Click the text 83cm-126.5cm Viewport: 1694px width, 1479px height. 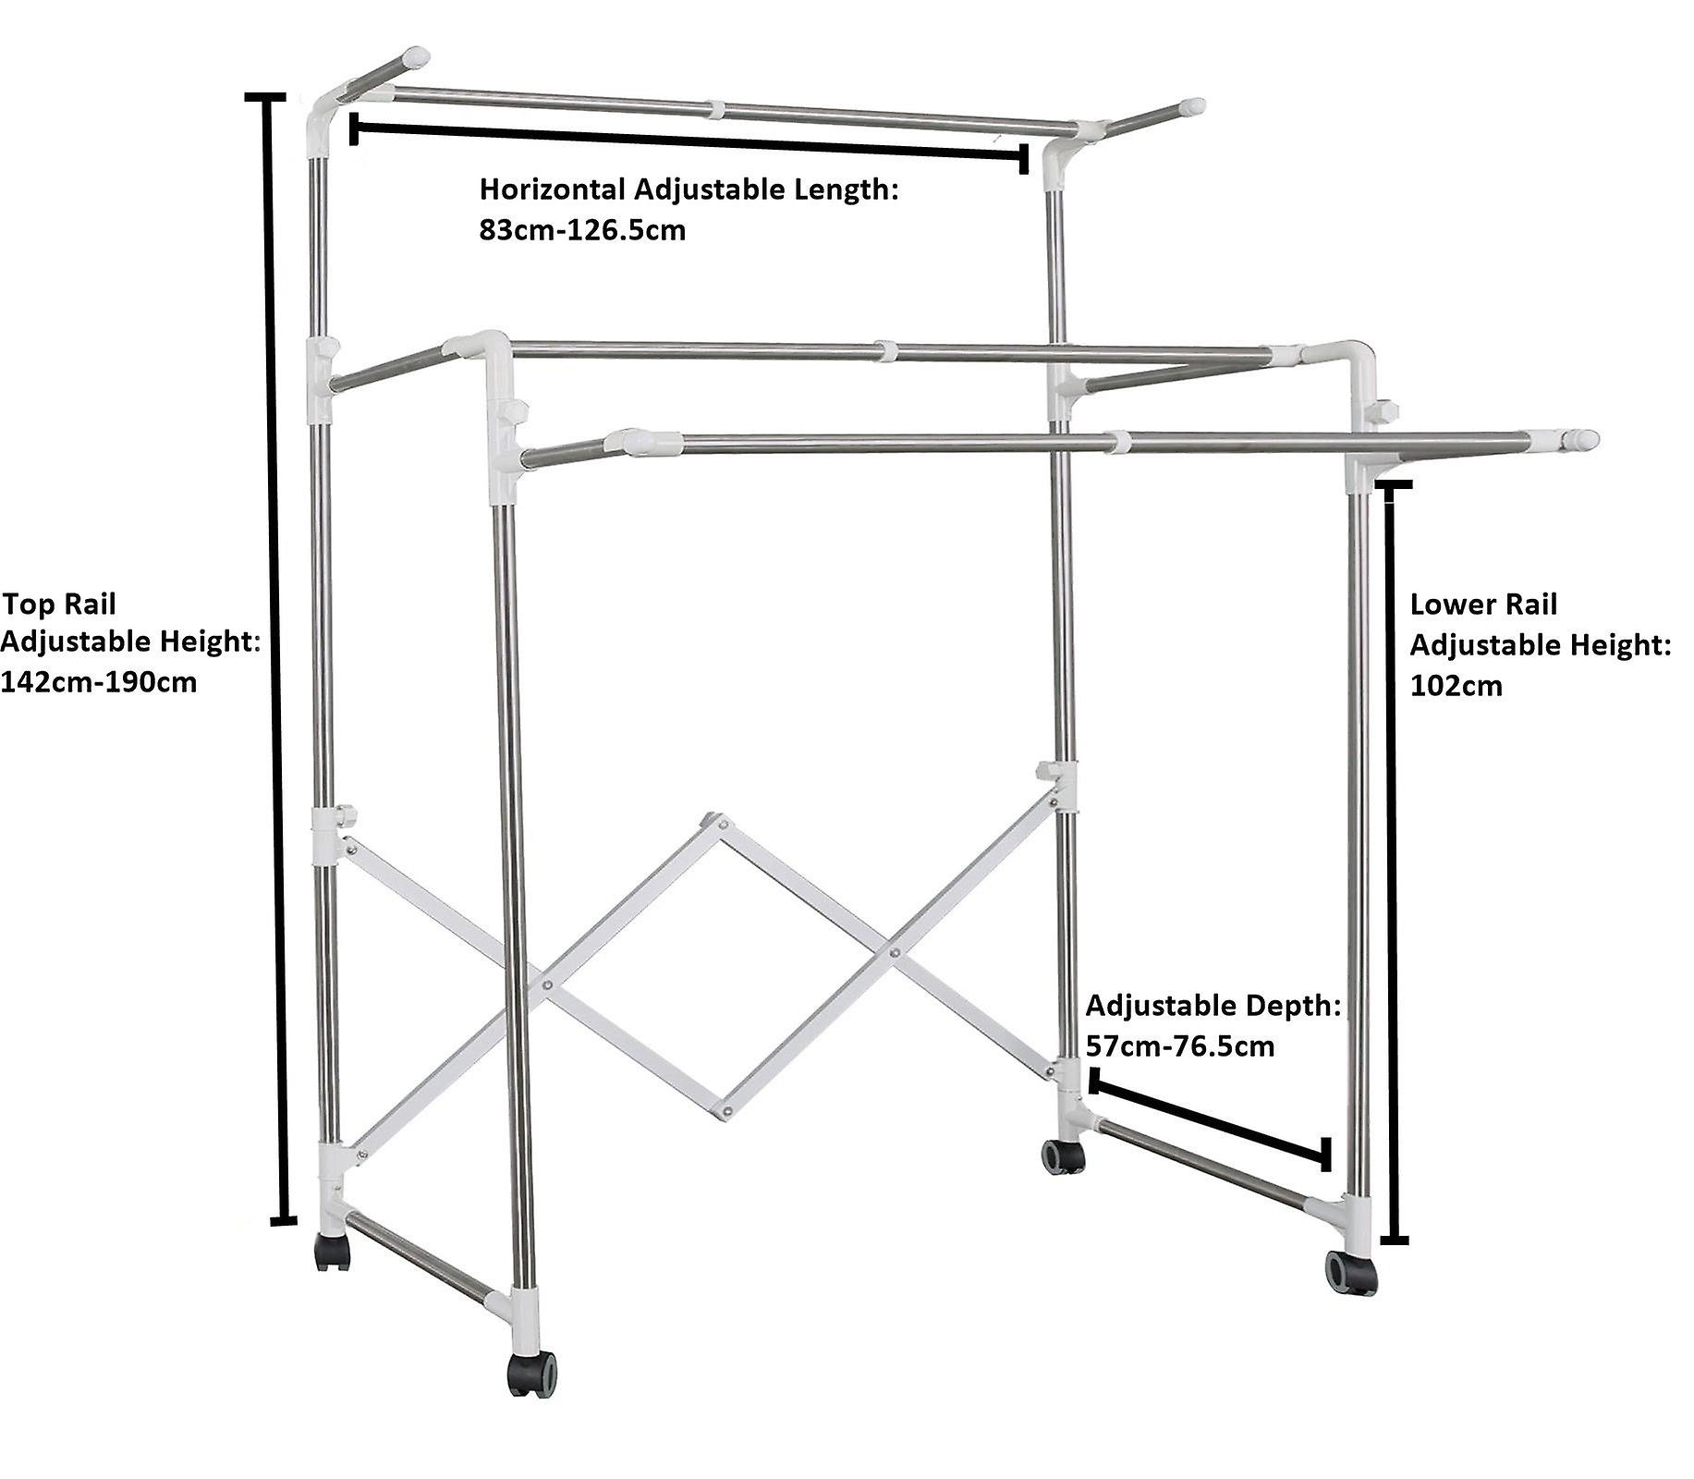[x=582, y=230]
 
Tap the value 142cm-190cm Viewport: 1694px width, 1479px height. [x=99, y=682]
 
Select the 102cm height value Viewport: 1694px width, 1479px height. [x=1456, y=686]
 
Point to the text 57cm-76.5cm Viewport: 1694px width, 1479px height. [x=1180, y=1046]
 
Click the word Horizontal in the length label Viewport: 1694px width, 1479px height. [x=552, y=190]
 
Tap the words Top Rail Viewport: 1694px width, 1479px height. [x=60, y=605]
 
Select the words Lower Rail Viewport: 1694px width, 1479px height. [x=1483, y=605]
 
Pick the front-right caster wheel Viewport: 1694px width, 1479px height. [x=1351, y=1273]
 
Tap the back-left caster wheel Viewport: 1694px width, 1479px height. [x=333, y=1252]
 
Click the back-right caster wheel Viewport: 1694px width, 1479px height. [x=1063, y=1156]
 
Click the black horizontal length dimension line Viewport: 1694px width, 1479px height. [x=689, y=143]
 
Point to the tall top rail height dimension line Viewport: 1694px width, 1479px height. [x=275, y=656]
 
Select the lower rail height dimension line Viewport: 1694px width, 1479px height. [x=1393, y=860]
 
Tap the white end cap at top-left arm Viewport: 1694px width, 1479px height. [x=416, y=57]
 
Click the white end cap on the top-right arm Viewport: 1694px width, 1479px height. [x=1192, y=107]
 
